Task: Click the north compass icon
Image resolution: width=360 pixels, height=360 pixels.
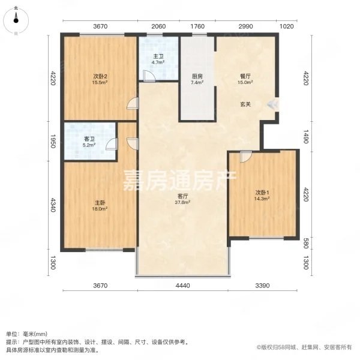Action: click(16, 20)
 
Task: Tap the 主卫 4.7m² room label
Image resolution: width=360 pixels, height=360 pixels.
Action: click(158, 59)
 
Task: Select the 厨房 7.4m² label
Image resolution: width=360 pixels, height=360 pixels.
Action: click(197, 79)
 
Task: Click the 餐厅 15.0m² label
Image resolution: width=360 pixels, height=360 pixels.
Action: click(245, 79)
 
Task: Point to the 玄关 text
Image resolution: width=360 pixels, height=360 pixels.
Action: click(245, 104)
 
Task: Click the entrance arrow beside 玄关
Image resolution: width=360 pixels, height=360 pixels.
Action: click(273, 104)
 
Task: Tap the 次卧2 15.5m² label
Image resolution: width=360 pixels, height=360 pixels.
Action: click(100, 79)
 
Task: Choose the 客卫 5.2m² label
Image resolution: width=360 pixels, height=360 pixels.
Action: click(89, 142)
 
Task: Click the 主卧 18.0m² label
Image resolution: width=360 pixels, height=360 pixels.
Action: click(100, 206)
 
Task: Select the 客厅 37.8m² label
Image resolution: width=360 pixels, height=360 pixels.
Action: click(183, 199)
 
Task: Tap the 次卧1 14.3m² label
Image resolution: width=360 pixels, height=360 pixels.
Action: click(262, 196)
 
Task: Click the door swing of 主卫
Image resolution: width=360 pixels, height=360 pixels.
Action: click(149, 76)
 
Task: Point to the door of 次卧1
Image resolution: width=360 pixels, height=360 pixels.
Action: click(246, 157)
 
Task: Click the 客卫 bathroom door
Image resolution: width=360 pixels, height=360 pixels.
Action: click(112, 144)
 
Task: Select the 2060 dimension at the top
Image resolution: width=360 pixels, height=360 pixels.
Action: click(158, 26)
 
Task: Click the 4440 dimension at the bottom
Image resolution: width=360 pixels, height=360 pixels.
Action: click(183, 286)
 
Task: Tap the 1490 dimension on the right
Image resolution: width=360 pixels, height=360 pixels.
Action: click(305, 136)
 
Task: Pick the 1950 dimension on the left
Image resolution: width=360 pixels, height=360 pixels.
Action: click(53, 141)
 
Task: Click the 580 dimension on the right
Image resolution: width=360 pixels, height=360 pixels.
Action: click(305, 243)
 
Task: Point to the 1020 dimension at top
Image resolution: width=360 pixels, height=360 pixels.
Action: click(287, 26)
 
